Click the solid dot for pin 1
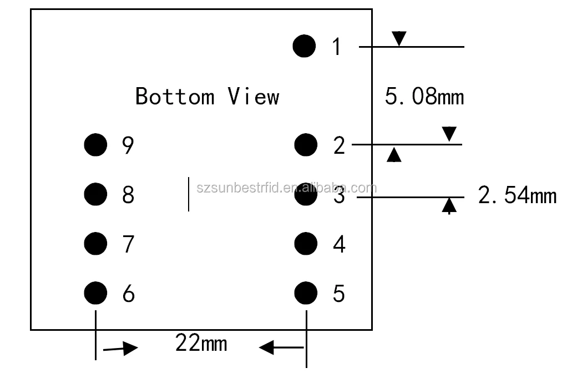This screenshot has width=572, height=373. (304, 46)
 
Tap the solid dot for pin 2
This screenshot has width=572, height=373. (305, 145)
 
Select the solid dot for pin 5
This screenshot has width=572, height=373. (305, 293)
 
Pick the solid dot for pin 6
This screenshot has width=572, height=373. (95, 293)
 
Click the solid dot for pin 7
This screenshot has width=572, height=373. (95, 243)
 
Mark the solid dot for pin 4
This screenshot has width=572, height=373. (305, 243)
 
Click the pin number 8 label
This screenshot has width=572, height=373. (128, 194)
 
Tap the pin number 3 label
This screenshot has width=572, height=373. (339, 196)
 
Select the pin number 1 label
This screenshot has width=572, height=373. (337, 46)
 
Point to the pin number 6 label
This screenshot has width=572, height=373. (128, 293)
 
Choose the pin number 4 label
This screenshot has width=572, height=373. (339, 244)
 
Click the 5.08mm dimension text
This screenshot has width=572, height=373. (424, 97)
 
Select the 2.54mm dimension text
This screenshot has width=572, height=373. (517, 196)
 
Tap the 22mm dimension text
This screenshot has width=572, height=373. (201, 343)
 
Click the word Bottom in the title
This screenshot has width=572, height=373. (175, 96)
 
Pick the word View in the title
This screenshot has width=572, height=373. (254, 96)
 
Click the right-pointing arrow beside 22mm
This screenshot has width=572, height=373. (120, 349)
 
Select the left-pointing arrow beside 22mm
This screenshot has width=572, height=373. (281, 348)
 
